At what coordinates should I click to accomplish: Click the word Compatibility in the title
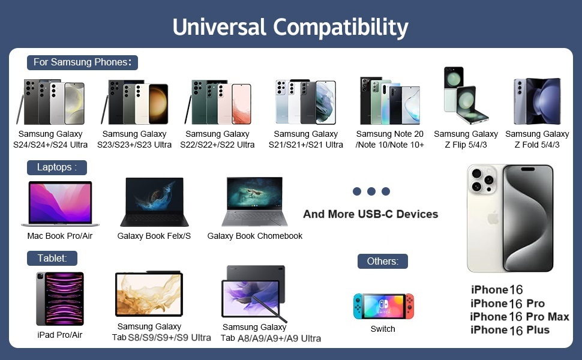point(340,28)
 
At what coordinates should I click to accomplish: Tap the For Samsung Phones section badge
point(82,62)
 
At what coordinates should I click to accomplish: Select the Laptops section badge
point(57,167)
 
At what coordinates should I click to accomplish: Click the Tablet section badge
point(52,259)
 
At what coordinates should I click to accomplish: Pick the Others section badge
point(383,261)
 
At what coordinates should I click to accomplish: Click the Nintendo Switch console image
point(383,306)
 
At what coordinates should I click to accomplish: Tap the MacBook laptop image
point(60,203)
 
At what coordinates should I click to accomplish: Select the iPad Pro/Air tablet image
point(60,299)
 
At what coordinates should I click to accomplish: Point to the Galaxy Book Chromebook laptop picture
point(254,202)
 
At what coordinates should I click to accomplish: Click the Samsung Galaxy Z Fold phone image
point(537,101)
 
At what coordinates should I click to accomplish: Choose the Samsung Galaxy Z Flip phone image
point(466,96)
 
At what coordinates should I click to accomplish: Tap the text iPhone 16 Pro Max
point(520,317)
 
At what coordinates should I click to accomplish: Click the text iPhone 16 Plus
point(510,330)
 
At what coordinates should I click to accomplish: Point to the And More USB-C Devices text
point(370,214)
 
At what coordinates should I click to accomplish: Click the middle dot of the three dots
point(371,191)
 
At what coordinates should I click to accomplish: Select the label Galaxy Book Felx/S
point(154,236)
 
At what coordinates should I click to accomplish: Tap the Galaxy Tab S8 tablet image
point(149,293)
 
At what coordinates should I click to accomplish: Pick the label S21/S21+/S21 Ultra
point(306,145)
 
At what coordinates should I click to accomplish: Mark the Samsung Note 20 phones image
point(390,100)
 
